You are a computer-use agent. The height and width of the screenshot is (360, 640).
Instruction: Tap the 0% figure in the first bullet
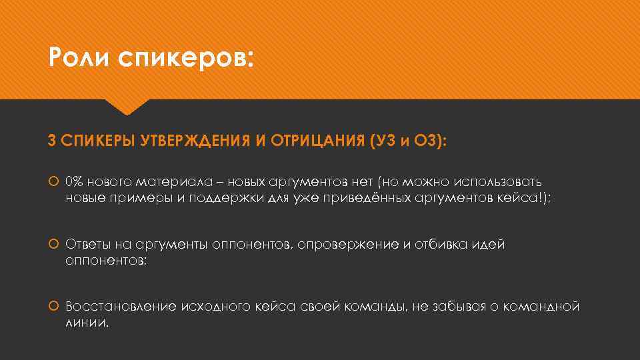[75, 181]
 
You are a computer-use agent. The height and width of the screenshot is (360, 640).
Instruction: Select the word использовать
[498, 181]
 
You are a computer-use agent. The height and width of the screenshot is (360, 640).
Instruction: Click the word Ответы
[87, 245]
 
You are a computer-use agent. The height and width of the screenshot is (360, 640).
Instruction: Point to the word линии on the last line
[86, 323]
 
